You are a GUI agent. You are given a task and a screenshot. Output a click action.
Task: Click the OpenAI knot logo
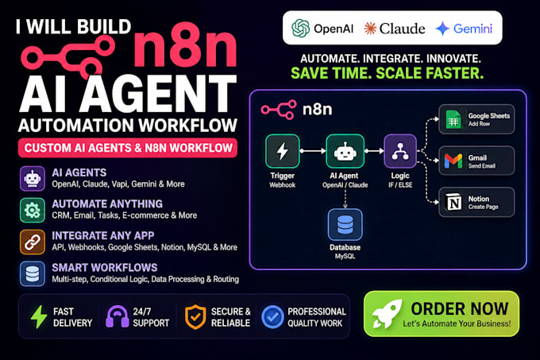(301, 28)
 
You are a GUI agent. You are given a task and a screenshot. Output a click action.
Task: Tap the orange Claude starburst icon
(370, 29)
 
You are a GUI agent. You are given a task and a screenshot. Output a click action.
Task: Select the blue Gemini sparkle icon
(442, 29)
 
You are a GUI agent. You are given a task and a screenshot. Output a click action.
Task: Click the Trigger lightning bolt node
(283, 151)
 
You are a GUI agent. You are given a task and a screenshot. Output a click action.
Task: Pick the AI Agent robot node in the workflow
(345, 151)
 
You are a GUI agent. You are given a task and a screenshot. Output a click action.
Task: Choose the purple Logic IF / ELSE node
(400, 151)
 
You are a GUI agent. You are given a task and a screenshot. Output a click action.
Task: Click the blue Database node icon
(345, 225)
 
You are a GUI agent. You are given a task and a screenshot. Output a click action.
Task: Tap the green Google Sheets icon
(453, 119)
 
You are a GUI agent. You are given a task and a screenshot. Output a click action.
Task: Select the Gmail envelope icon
(453, 161)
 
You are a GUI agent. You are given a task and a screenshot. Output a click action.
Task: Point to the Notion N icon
(454, 202)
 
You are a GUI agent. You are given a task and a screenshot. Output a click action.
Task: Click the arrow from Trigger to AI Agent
(313, 151)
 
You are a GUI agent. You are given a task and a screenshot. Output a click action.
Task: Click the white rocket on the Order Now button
(387, 313)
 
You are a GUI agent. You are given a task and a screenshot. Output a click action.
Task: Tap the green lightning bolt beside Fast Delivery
(39, 316)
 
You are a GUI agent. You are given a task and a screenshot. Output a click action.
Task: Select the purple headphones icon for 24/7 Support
(117, 316)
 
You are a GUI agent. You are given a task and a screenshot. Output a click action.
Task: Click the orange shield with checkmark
(195, 316)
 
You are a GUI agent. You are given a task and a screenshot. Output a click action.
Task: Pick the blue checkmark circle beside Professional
(272, 316)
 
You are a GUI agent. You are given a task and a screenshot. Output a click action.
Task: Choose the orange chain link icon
(33, 242)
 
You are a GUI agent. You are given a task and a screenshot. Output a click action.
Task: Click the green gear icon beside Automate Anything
(33, 210)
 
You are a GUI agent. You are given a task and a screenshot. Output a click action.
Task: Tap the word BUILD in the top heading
(104, 26)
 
